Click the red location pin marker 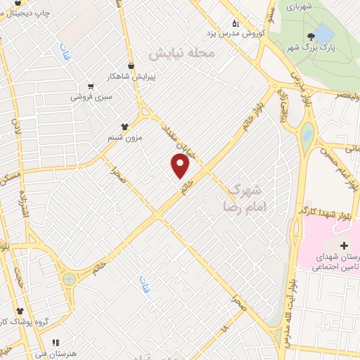(181, 166)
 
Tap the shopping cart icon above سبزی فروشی (91, 85)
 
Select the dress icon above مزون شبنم (126, 127)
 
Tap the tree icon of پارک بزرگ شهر (311, 36)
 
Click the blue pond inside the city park (324, 33)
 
